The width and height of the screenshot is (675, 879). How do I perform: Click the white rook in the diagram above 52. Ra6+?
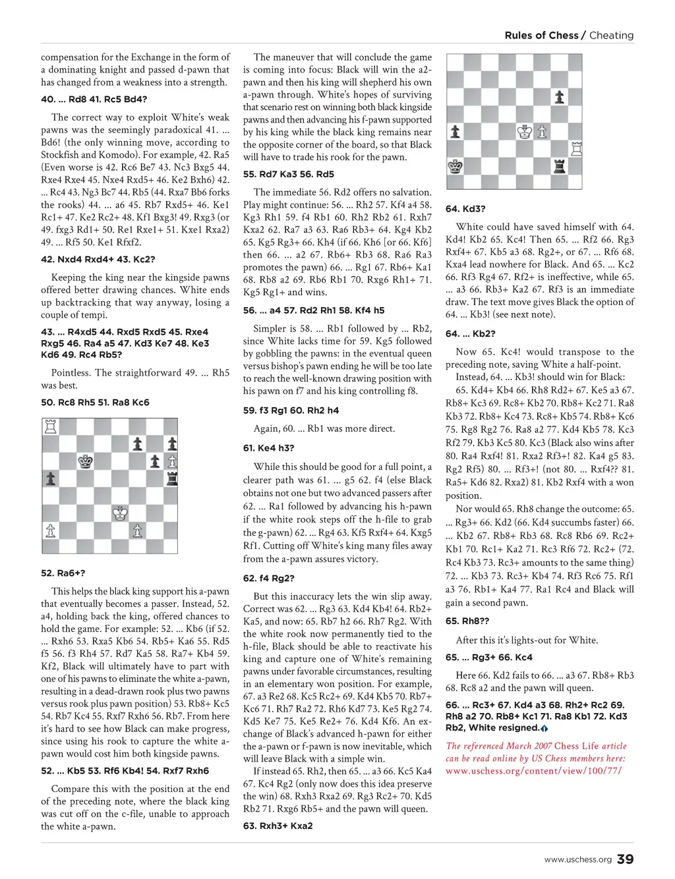point(50,426)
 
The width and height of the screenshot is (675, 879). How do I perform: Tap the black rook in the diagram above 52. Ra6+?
point(171,478)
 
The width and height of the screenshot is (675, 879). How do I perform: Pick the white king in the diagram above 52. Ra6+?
point(119,513)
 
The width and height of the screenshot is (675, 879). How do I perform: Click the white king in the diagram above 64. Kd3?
point(525,132)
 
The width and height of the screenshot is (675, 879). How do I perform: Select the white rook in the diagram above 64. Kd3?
point(576,148)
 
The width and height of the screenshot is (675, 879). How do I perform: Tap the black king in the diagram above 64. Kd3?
point(455,166)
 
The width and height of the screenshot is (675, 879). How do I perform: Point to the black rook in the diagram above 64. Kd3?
point(559,166)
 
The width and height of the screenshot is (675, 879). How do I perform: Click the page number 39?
point(626,859)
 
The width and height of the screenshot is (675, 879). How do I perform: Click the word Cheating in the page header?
point(611,36)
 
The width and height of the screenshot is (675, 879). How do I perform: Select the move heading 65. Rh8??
point(467,621)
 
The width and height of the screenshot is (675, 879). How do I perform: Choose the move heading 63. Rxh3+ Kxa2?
point(278,826)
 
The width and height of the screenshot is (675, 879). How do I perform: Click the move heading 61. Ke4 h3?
point(268,448)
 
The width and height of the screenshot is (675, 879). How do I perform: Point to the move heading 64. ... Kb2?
point(471,334)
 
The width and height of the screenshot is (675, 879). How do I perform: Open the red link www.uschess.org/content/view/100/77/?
point(534,770)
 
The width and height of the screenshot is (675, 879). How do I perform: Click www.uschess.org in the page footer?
point(577,859)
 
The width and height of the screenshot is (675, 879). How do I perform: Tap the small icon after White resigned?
point(544,728)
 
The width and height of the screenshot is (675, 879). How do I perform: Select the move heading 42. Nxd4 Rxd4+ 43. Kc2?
point(98,260)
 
